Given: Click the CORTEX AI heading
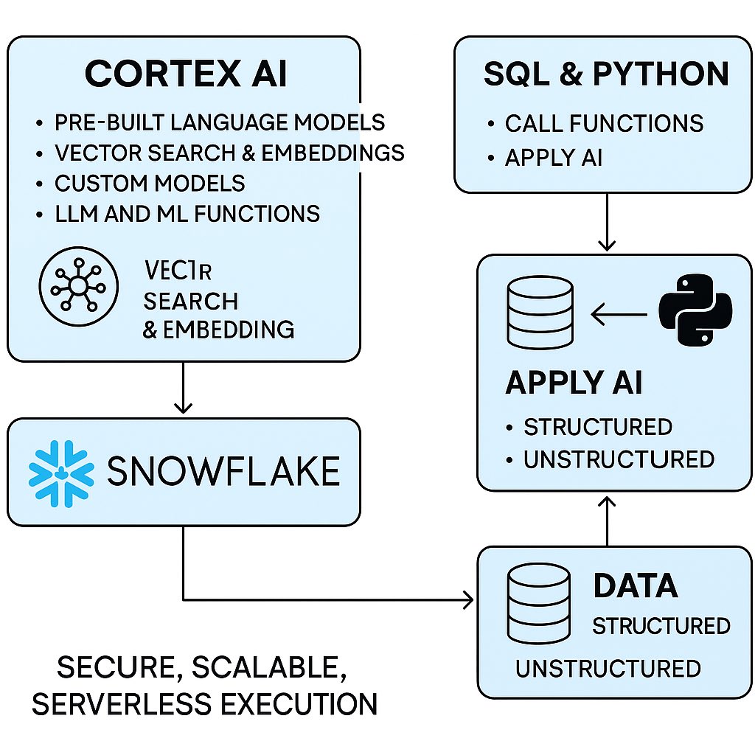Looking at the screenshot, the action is click(186, 74).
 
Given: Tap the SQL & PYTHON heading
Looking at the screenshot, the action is click(606, 74).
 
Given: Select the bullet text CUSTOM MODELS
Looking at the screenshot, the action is click(150, 184).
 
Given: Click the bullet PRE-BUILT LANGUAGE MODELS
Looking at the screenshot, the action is click(220, 122).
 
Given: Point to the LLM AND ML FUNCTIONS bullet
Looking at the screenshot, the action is click(187, 214).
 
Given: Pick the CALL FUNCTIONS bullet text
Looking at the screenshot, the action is click(605, 123).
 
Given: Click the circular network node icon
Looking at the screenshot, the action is click(78, 287).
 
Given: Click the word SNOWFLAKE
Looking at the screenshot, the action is click(223, 470).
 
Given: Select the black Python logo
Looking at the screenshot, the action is click(695, 310).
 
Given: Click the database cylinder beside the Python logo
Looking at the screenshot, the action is click(540, 313).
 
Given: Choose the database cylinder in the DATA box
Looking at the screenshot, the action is click(539, 604).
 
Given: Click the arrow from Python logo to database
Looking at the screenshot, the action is click(619, 315).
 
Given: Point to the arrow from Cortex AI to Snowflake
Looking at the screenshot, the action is click(183, 388).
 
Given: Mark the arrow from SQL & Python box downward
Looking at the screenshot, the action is click(608, 222).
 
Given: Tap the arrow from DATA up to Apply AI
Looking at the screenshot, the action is click(608, 522).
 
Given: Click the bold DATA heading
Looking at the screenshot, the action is click(636, 585).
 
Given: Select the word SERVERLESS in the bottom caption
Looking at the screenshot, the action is click(122, 703).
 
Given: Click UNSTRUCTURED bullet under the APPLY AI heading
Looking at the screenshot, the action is click(619, 459).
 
